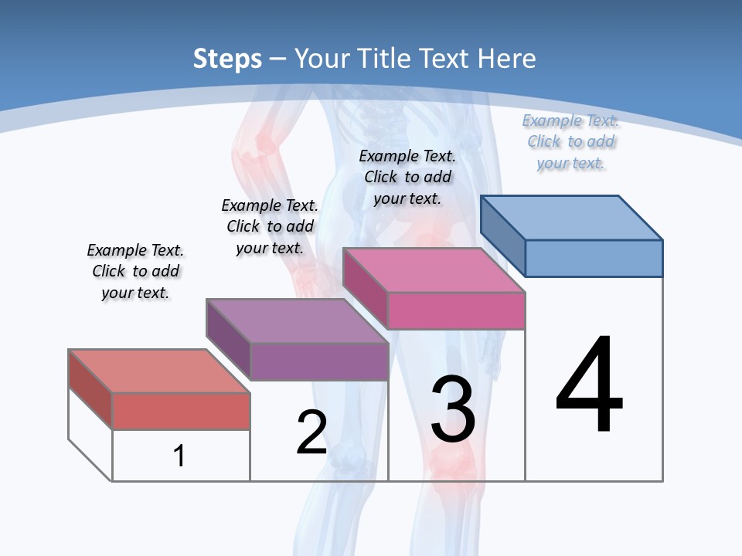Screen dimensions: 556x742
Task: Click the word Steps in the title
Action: point(227,58)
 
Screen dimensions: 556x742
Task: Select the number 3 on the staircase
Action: point(453,409)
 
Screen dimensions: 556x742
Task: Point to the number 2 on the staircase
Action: point(312,432)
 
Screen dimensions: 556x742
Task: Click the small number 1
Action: point(179,456)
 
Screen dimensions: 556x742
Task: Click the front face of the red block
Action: point(181,411)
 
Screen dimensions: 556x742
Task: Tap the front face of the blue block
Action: point(594,258)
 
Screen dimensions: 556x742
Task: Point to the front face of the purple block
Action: point(319,361)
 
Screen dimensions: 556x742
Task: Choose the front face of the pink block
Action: point(456,310)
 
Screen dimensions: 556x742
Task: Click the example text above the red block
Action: point(135,271)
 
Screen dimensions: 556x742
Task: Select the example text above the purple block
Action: point(270,226)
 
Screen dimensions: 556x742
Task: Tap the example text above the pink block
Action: point(407,177)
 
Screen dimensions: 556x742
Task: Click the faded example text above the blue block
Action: point(570,141)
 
